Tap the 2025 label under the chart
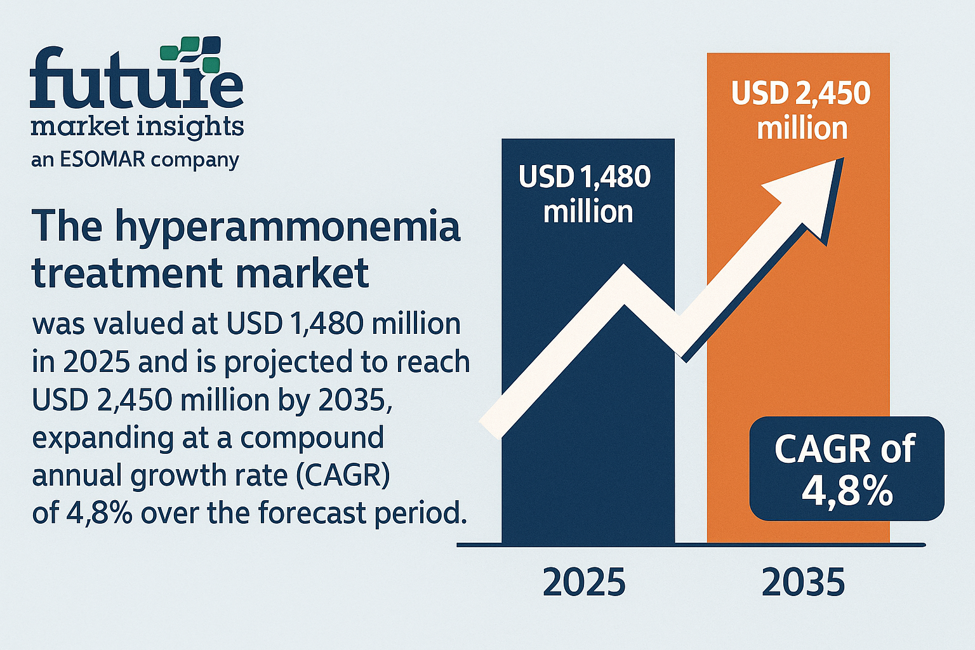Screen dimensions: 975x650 pyautogui.click(x=584, y=582)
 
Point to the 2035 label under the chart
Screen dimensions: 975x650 pyautogui.click(x=804, y=582)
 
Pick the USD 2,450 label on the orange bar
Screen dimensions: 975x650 pyautogui.click(x=801, y=93)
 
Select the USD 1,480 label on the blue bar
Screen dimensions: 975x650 pyautogui.click(x=585, y=176)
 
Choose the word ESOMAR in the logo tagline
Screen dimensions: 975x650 pyautogui.click(x=102, y=159)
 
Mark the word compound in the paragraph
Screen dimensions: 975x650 pyautogui.click(x=312, y=439)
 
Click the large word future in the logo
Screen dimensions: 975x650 pyautogui.click(x=136, y=78)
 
